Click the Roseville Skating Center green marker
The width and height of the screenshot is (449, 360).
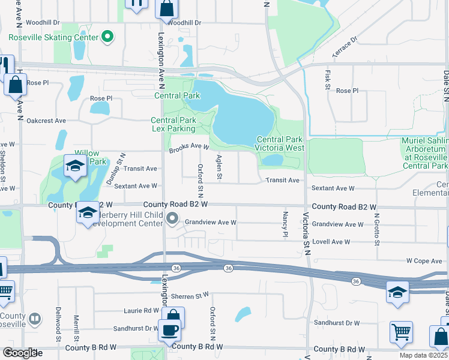click(107, 37)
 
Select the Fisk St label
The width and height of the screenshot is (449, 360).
click(328, 79)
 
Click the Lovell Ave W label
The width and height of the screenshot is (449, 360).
click(331, 242)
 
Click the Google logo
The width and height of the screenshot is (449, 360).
click(19, 353)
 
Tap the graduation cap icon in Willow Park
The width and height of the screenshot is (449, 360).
click(75, 166)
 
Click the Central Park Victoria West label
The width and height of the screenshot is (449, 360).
click(280, 143)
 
